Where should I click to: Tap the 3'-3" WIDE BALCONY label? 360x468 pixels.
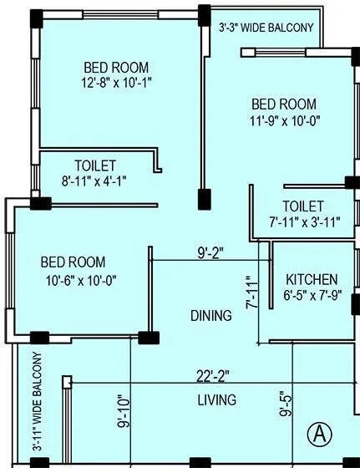[266, 28]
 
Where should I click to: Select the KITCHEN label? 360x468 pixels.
[312, 279]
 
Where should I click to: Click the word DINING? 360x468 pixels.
[210, 316]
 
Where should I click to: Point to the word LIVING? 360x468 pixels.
[216, 399]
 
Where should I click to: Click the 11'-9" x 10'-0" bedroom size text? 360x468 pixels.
[284, 120]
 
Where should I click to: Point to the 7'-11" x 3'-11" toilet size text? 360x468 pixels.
[302, 221]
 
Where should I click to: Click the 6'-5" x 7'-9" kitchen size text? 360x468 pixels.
[312, 295]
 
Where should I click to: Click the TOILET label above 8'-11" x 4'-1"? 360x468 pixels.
[95, 165]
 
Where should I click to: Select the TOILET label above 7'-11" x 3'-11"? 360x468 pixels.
[302, 206]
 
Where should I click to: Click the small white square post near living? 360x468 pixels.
[67, 382]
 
